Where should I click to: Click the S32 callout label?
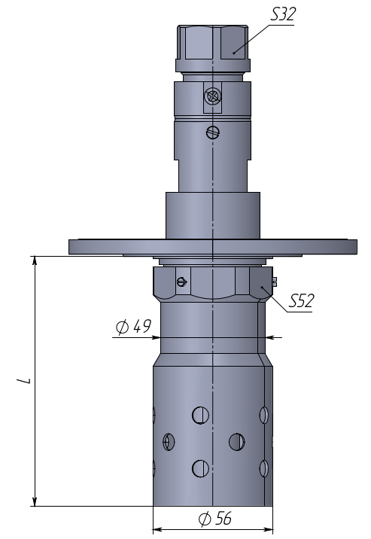[x=283, y=15]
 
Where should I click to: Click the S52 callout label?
[x=301, y=301]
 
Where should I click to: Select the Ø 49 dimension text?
[x=133, y=327]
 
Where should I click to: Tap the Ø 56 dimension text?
[x=215, y=519]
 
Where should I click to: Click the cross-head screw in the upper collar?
[x=213, y=96]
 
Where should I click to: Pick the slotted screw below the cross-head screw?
[x=213, y=132]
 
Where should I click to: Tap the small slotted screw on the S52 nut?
[x=182, y=282]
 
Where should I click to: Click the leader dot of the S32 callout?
[x=233, y=53]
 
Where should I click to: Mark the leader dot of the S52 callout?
[x=262, y=286]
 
